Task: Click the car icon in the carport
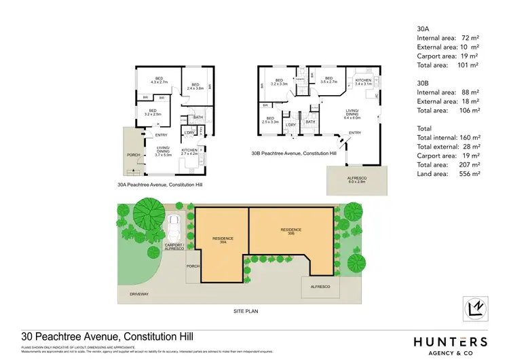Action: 174,223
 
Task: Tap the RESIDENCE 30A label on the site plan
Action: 223,240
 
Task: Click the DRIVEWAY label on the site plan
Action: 139,294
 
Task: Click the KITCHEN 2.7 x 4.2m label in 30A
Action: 189,152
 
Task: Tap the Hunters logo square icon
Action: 478,310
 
